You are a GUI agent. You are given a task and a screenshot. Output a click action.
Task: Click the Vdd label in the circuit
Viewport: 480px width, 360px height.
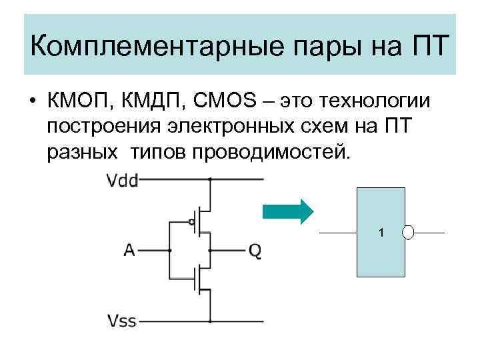[x=122, y=179]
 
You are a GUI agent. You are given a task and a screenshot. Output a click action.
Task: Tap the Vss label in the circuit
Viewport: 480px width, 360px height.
[x=122, y=321]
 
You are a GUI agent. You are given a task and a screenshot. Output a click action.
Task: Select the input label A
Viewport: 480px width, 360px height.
[x=129, y=250]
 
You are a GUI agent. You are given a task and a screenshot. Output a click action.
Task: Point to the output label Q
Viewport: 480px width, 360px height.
[x=255, y=250]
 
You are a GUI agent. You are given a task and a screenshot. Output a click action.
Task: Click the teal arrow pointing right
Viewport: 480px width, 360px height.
[x=287, y=211]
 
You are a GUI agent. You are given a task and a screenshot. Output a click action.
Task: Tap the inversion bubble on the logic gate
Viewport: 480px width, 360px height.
[x=409, y=233]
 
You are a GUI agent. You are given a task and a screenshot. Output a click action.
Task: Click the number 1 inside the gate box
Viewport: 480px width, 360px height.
[x=381, y=233]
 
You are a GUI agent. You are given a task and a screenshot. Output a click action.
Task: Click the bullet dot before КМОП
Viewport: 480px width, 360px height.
[x=32, y=102]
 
